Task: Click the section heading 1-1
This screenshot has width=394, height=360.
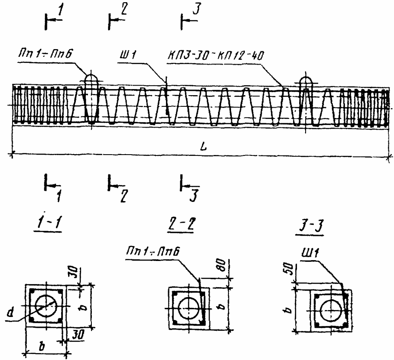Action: (x=49, y=223)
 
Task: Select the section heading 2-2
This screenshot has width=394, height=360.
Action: (x=181, y=223)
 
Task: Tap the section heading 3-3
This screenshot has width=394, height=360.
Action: (x=310, y=227)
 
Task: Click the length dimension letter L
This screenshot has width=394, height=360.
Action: (x=203, y=146)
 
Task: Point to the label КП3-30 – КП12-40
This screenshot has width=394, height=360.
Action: (x=215, y=56)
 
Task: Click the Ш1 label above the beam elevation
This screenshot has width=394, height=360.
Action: (x=127, y=55)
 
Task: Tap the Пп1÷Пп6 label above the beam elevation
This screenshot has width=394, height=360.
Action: (x=44, y=53)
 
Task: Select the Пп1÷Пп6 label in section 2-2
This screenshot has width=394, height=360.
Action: (x=153, y=251)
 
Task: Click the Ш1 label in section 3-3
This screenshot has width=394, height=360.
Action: (x=310, y=254)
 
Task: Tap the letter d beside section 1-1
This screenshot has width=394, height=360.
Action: (x=10, y=312)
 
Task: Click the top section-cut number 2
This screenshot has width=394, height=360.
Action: (x=124, y=10)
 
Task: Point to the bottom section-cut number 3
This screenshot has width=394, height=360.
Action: (x=194, y=196)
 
